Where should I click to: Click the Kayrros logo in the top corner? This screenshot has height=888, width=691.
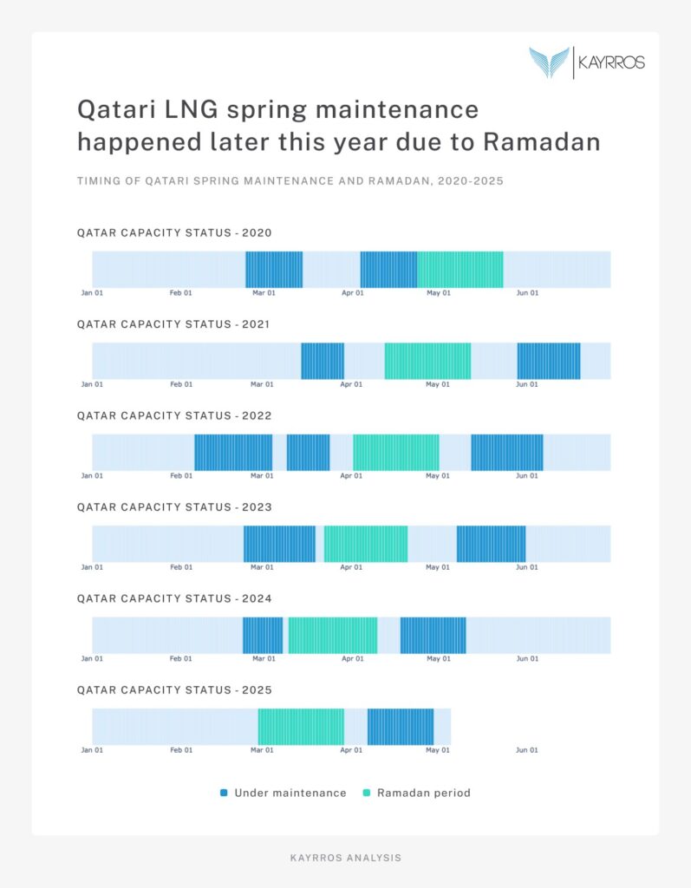click(x=587, y=62)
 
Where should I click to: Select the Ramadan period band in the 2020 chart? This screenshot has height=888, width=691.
click(x=460, y=270)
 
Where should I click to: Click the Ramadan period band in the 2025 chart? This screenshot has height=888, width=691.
click(x=301, y=727)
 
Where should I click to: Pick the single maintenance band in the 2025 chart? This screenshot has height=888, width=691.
click(x=400, y=727)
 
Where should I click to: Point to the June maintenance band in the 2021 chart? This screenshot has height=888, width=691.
click(x=549, y=361)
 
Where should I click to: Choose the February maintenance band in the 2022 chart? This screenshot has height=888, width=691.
click(x=233, y=453)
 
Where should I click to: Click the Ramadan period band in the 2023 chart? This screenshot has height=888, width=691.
click(x=366, y=544)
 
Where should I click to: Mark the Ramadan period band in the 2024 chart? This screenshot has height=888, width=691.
click(x=333, y=636)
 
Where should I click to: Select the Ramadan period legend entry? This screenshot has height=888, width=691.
click(x=416, y=793)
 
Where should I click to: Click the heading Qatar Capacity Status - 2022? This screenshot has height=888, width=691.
click(x=174, y=415)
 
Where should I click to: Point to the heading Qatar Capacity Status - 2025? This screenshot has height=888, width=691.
click(x=174, y=690)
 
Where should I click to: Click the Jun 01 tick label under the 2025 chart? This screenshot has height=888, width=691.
click(x=527, y=750)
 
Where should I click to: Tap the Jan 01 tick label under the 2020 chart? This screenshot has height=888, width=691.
click(x=92, y=293)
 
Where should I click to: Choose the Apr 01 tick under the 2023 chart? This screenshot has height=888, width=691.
click(x=352, y=567)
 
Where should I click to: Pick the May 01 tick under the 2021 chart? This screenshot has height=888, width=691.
click(x=439, y=384)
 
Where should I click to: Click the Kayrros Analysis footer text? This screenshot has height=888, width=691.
click(x=345, y=858)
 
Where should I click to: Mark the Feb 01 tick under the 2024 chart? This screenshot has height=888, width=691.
click(x=181, y=659)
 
